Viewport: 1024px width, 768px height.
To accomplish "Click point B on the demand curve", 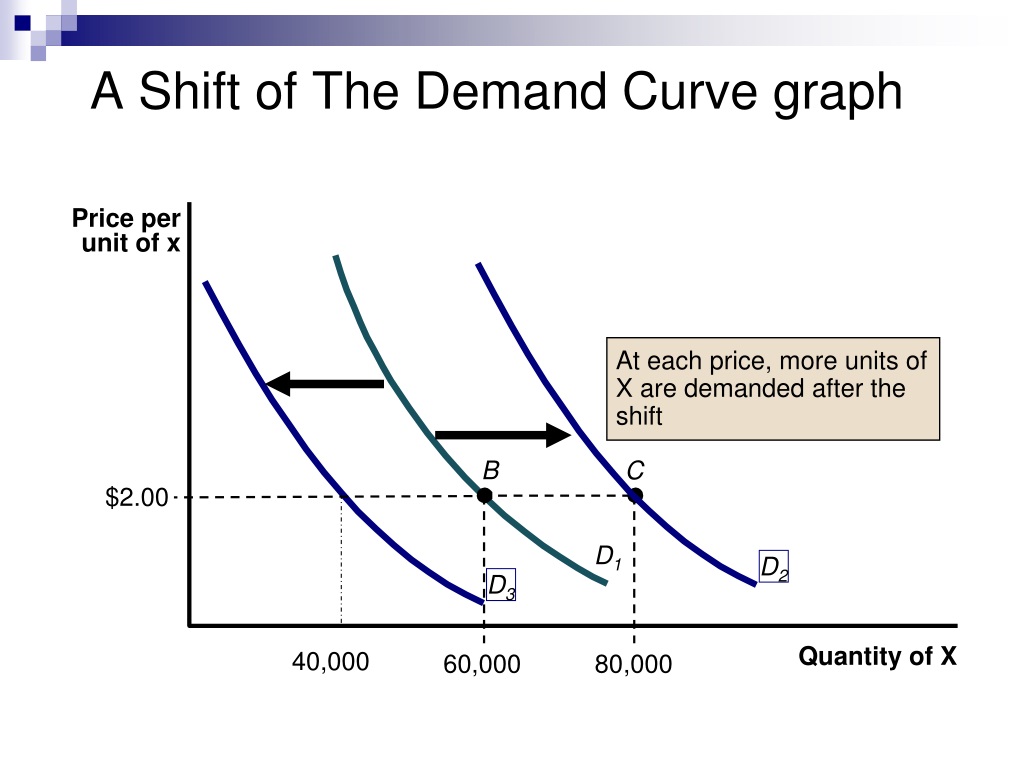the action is (x=484, y=496).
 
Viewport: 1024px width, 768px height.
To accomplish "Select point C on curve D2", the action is (x=635, y=496).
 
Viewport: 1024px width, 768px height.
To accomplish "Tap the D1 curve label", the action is (x=608, y=558).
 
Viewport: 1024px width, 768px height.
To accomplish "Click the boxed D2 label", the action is (x=774, y=567).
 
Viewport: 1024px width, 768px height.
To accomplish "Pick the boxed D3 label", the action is (x=501, y=585).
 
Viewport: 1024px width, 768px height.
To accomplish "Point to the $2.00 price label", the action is (x=136, y=498).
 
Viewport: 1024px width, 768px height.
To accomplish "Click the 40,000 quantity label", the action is (x=330, y=662).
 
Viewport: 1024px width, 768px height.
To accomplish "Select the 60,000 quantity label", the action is (x=482, y=665).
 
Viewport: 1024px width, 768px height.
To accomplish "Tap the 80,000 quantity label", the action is (x=633, y=665).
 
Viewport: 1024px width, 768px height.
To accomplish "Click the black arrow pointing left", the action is (x=325, y=383).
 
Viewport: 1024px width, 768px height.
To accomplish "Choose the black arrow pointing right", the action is (x=503, y=434).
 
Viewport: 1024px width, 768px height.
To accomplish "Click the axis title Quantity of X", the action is (x=878, y=656).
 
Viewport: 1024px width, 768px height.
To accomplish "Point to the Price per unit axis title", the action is (x=126, y=230).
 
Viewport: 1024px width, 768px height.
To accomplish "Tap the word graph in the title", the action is (x=838, y=95).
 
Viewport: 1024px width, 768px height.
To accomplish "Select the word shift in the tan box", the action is (x=639, y=416).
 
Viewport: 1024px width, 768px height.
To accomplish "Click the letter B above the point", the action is (x=490, y=470).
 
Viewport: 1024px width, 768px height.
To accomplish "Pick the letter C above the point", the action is (x=635, y=470).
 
